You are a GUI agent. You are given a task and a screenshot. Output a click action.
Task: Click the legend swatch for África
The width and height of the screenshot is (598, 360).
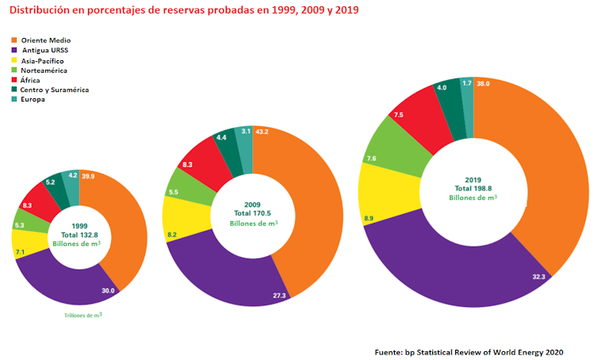pos(13,80)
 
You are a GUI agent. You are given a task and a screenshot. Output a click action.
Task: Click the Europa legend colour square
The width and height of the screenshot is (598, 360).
pos(13,100)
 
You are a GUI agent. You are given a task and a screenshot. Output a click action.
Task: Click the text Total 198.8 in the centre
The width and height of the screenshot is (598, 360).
pos(473,188)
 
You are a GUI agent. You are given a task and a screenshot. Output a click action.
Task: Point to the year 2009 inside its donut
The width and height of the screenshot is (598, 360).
pos(253,205)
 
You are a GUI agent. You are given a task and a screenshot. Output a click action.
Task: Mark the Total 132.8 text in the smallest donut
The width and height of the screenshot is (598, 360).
pos(79,235)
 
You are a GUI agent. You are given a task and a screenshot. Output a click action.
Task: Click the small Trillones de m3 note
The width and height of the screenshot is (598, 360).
pos(82,316)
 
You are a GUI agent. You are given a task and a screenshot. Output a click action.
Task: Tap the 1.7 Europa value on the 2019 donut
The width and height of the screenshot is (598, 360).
pos(466,83)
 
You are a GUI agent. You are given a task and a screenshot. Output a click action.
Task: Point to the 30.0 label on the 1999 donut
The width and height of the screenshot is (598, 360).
pos(108,291)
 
